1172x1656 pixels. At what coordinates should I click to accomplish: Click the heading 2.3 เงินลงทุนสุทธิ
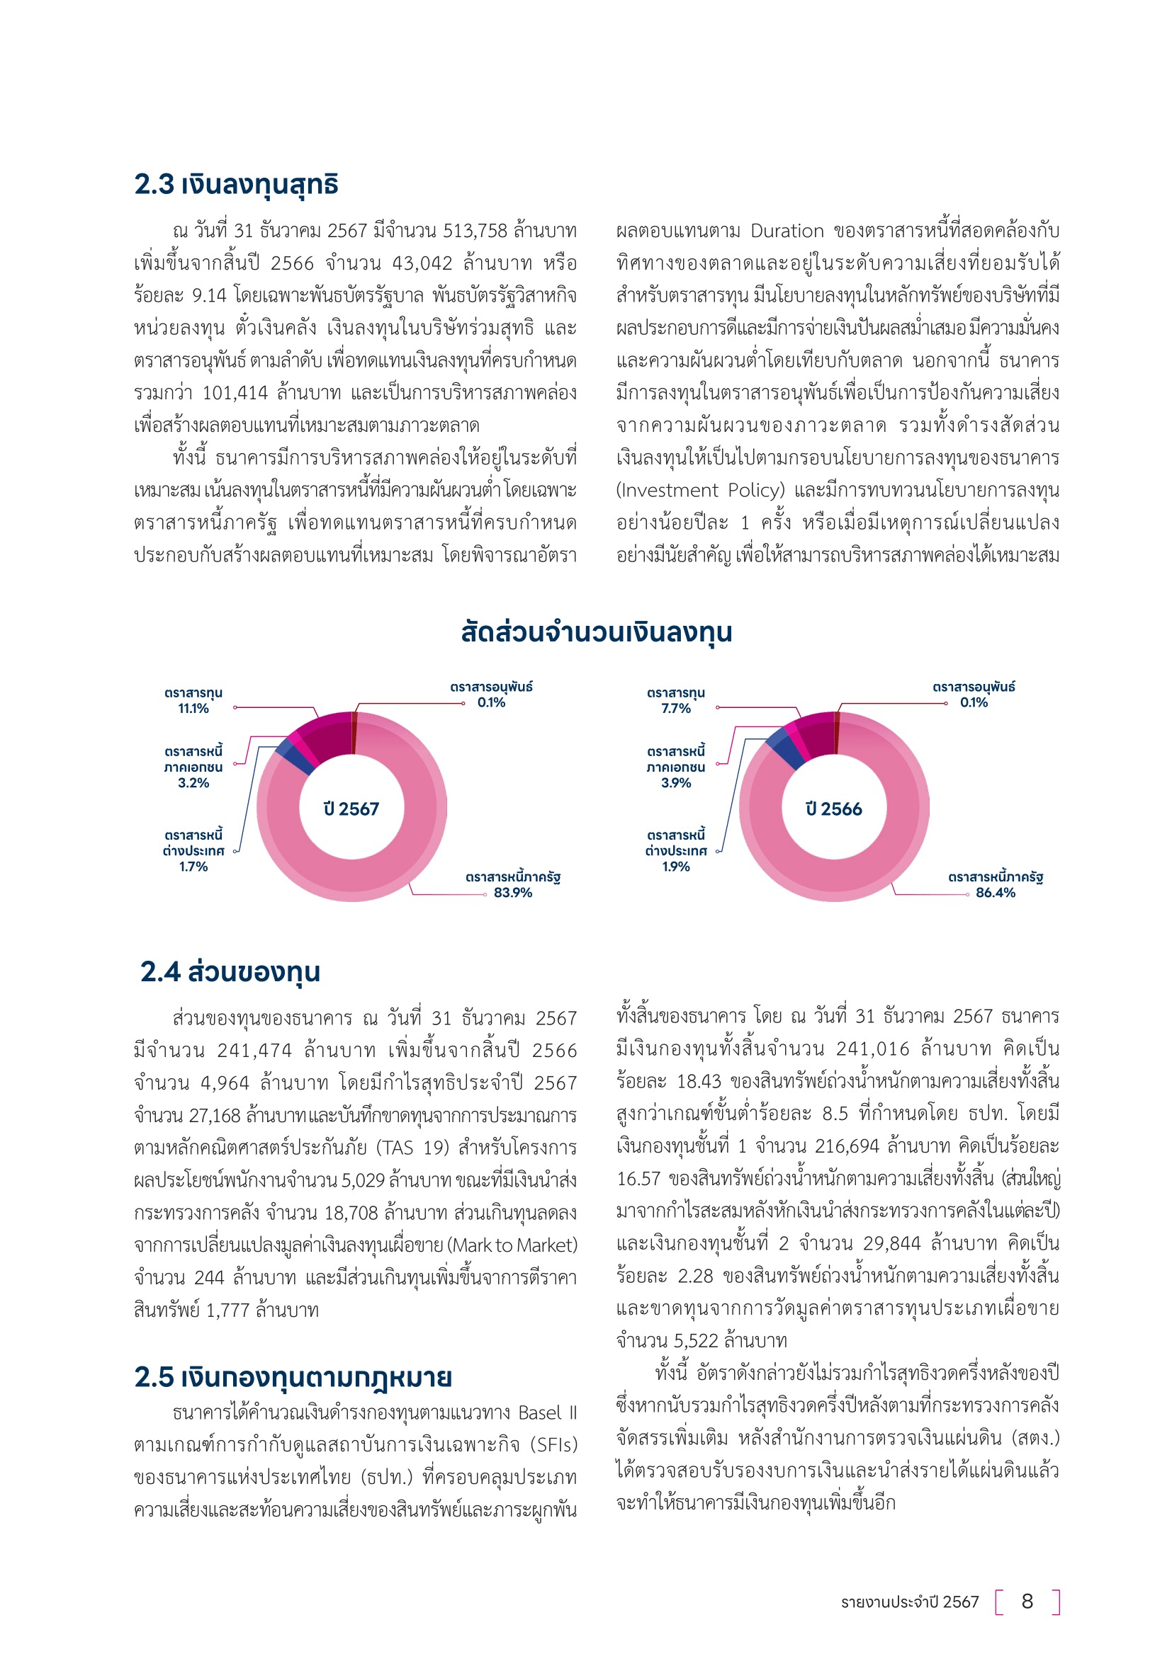coord(236,185)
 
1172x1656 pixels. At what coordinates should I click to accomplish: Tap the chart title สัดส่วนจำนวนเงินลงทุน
coord(596,632)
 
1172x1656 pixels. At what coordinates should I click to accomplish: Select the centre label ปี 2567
coord(351,809)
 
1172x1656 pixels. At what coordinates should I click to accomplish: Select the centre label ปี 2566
coord(833,809)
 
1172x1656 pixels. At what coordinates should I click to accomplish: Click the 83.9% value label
coord(512,893)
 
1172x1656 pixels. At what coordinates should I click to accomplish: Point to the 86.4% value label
coord(995,893)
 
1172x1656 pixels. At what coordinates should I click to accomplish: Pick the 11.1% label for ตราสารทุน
coord(193,708)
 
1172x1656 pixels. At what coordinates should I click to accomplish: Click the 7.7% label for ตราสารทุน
coord(675,708)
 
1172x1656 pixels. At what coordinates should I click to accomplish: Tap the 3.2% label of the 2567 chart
coord(193,782)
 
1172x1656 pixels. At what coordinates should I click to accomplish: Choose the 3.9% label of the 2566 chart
coord(675,782)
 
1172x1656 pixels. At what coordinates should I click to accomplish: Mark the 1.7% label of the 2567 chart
coord(193,866)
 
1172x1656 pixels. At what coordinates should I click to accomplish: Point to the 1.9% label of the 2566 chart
coord(675,866)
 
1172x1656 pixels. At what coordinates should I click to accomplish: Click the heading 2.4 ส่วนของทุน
coord(230,971)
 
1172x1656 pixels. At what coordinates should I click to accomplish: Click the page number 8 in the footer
coord(1027,1601)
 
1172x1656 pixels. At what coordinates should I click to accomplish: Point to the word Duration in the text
coord(787,231)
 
